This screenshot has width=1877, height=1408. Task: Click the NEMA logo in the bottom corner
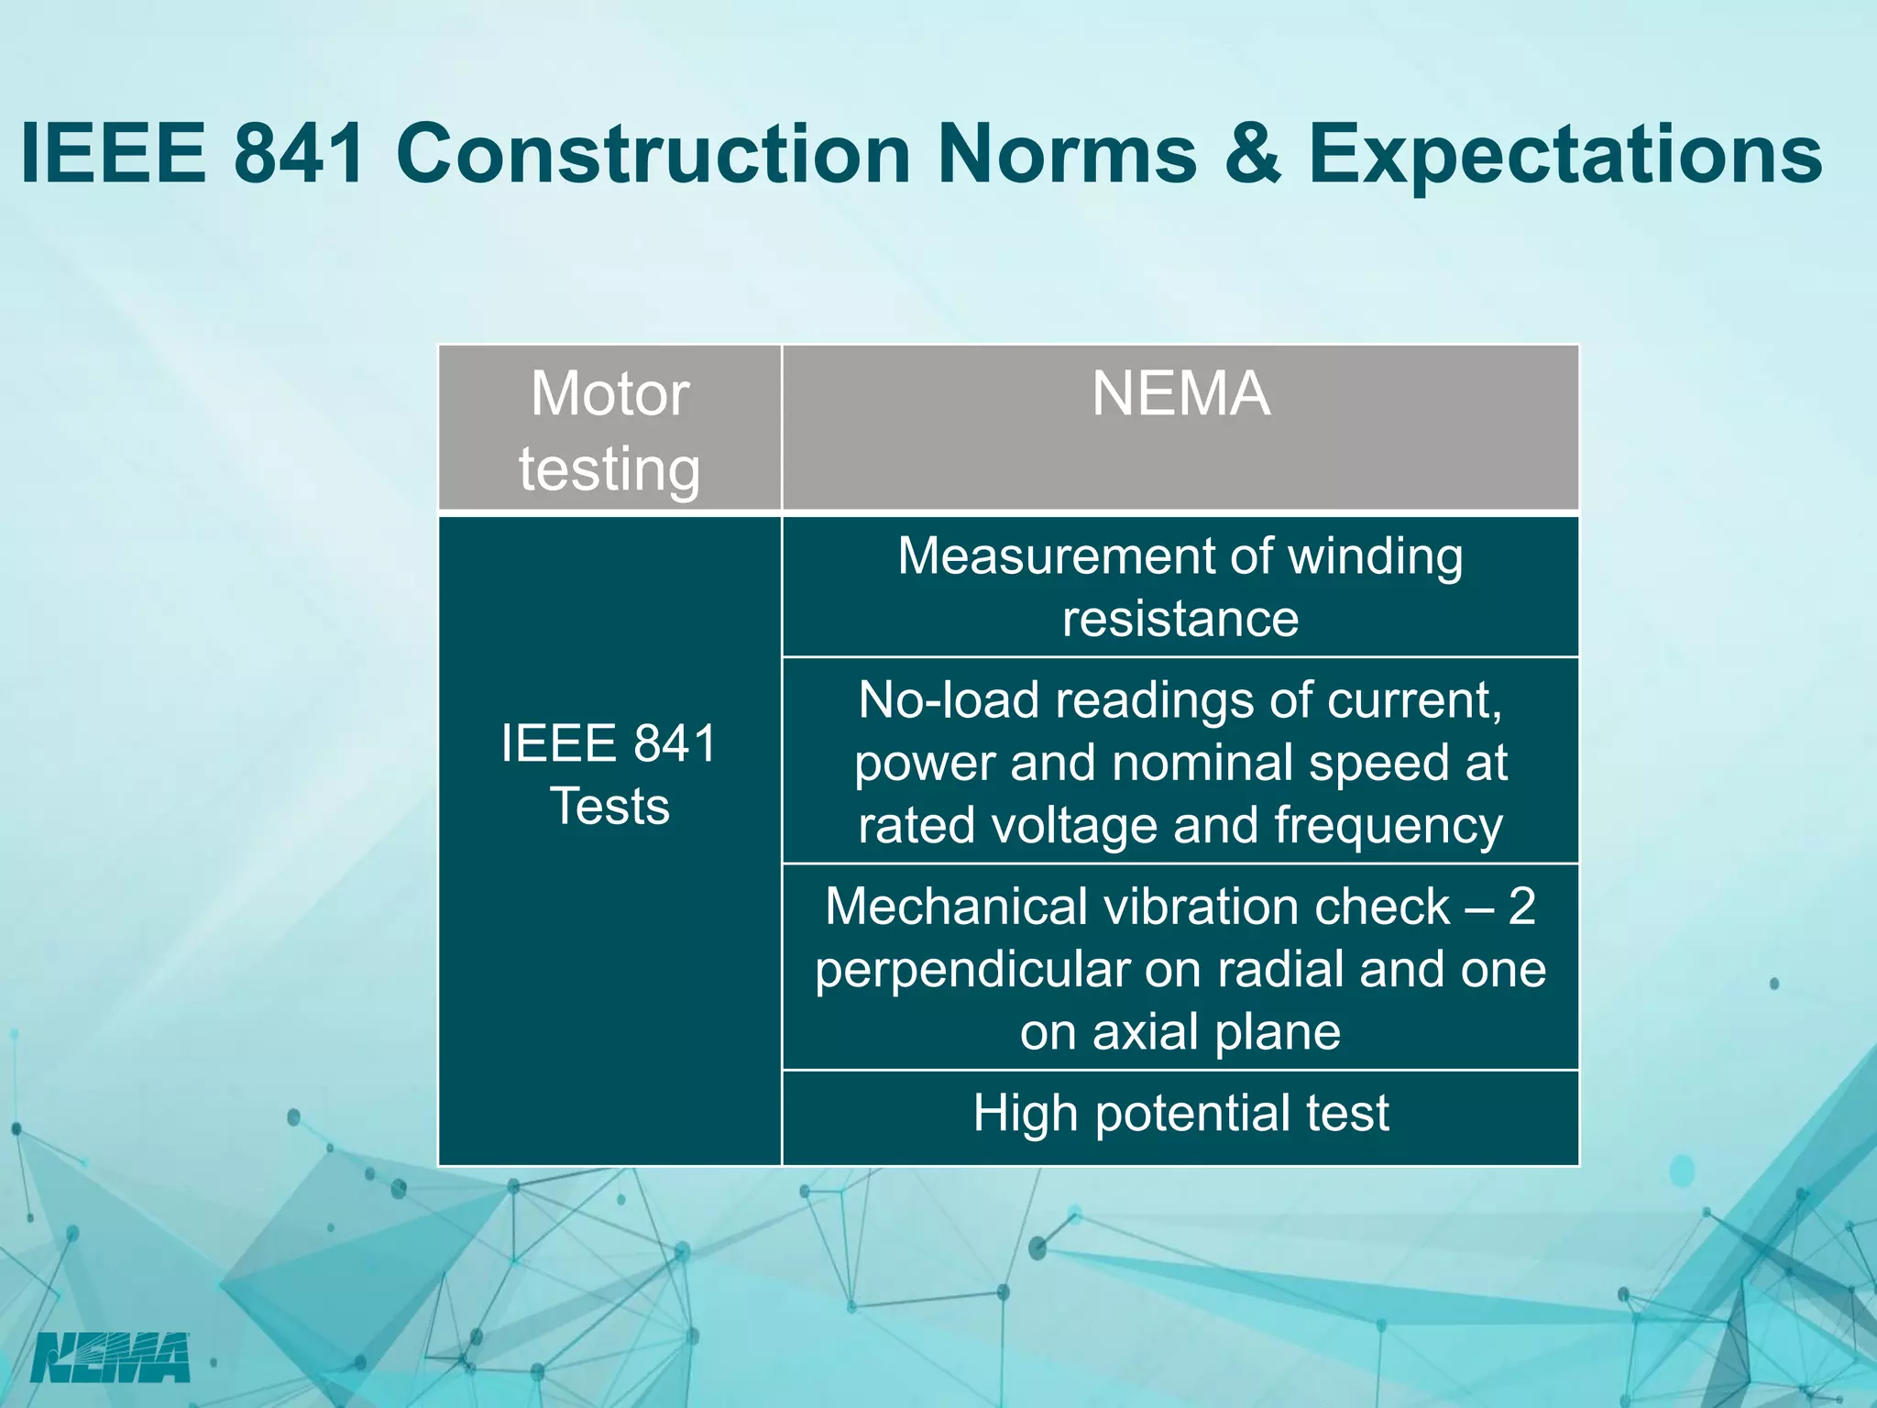point(110,1358)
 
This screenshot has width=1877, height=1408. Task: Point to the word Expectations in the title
point(1565,156)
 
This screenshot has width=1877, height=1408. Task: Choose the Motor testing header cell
point(609,429)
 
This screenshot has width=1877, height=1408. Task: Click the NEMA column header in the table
point(1180,394)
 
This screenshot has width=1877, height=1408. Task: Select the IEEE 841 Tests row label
point(609,775)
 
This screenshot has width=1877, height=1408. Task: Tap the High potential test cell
point(1180,1113)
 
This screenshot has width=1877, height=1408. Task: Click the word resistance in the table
point(1180,619)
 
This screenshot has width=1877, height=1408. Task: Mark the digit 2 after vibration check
point(1521,907)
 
